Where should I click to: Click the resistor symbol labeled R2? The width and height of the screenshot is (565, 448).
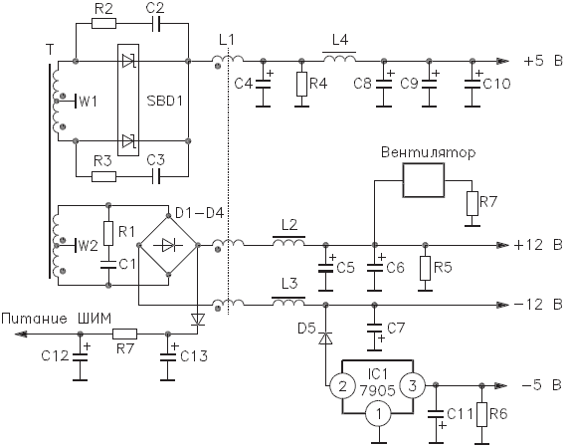pyautogui.click(x=103, y=24)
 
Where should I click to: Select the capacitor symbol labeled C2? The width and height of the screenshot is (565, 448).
pyautogui.click(x=156, y=24)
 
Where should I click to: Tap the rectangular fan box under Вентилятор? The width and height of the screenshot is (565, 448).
pyautogui.click(x=424, y=180)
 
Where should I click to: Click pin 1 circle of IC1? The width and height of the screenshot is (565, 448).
pyautogui.click(x=378, y=414)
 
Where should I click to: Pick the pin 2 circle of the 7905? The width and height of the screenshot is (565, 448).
pyautogui.click(x=342, y=386)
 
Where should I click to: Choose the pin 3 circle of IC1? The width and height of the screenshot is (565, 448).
pyautogui.click(x=412, y=386)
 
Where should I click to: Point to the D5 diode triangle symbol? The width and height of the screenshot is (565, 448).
pyautogui.click(x=325, y=338)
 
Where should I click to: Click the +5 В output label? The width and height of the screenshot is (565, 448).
pyautogui.click(x=543, y=61)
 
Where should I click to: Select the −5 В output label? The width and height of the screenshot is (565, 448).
pyautogui.click(x=541, y=385)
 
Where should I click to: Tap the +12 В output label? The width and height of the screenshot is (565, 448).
pyautogui.click(x=538, y=245)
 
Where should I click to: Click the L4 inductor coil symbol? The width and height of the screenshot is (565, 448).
pyautogui.click(x=339, y=58)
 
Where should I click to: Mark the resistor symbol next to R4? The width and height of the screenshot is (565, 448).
pyautogui.click(x=301, y=84)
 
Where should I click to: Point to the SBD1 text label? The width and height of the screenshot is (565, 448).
pyautogui.click(x=165, y=101)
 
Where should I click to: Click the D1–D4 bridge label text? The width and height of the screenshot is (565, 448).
pyautogui.click(x=199, y=213)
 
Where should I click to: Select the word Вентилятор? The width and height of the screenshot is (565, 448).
pyautogui.click(x=428, y=153)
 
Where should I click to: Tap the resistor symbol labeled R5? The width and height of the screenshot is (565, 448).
pyautogui.click(x=425, y=268)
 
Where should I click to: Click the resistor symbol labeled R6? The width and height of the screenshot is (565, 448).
pyautogui.click(x=481, y=414)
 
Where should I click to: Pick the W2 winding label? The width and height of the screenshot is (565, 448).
pyautogui.click(x=88, y=246)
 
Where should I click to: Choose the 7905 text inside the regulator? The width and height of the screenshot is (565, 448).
pyautogui.click(x=377, y=390)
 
